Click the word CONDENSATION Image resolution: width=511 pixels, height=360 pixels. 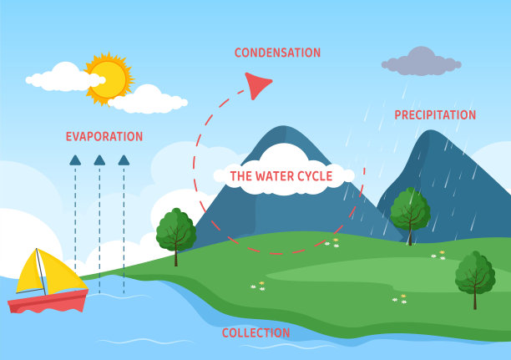point(277,53)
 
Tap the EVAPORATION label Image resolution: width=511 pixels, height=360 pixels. point(104,136)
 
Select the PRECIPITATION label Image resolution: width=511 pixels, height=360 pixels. point(435,115)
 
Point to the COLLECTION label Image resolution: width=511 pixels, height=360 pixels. point(255,333)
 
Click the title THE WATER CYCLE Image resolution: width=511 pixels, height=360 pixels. point(281,176)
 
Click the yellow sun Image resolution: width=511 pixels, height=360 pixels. point(108,79)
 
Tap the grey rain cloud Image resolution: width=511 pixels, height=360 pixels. point(422,63)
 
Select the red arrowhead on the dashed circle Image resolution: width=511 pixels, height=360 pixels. point(258,84)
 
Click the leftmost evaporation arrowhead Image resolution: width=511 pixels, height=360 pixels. point(75,160)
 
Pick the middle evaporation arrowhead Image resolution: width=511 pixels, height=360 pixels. point(99,160)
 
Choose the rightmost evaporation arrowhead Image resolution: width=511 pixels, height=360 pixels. point(124,160)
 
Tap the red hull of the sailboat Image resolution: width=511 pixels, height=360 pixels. point(48,302)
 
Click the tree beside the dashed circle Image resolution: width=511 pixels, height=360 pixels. point(175,231)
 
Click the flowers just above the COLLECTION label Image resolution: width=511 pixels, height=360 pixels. point(258,286)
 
